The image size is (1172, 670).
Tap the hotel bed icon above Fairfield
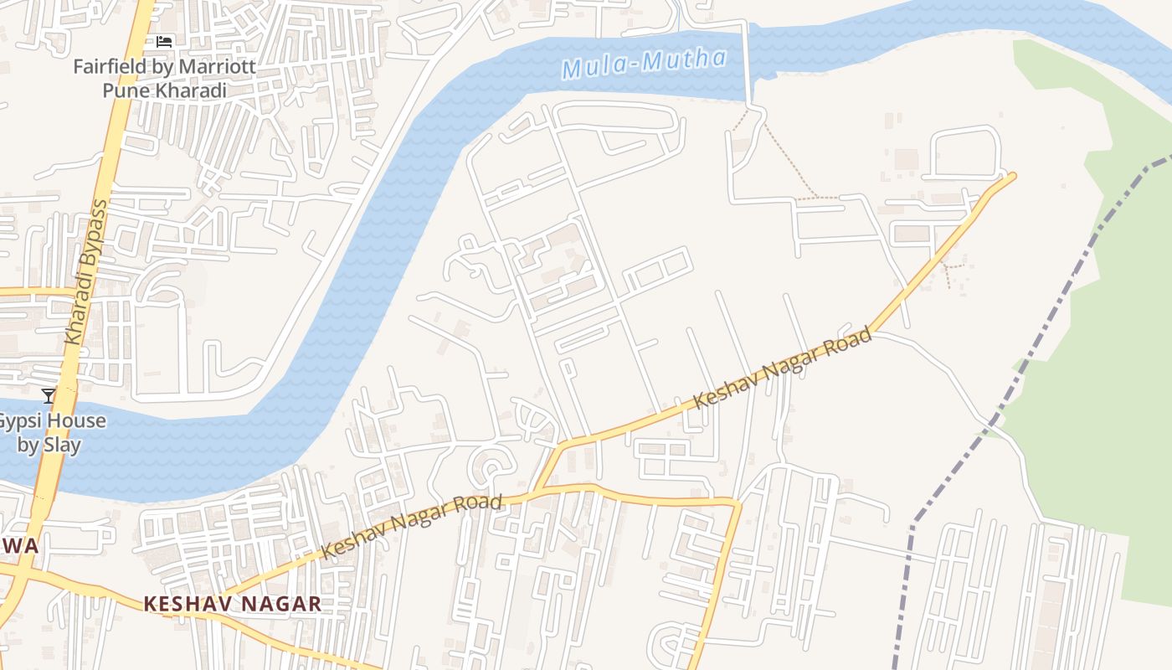click(x=164, y=41)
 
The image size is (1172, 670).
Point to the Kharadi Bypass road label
click(x=88, y=271)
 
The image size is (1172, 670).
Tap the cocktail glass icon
click(x=49, y=395)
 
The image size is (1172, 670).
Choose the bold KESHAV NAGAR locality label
click(x=232, y=604)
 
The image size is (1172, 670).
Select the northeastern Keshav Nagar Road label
click(x=783, y=369)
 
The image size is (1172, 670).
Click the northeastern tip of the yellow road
click(x=1011, y=176)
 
